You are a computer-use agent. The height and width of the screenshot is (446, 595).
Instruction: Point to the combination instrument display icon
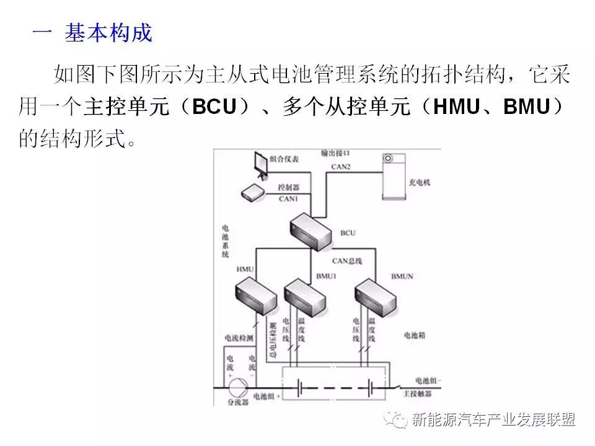coord(260,163)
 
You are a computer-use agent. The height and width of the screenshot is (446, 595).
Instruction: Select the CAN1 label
coord(288,198)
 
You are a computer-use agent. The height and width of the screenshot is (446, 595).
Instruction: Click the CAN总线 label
coord(346,260)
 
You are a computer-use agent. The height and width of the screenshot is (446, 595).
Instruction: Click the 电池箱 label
coord(413,335)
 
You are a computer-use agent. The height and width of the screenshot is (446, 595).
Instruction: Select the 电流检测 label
coord(240,338)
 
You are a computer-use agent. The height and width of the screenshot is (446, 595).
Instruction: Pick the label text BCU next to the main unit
coord(348,233)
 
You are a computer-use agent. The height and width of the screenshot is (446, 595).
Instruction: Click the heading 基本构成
coord(108,32)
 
